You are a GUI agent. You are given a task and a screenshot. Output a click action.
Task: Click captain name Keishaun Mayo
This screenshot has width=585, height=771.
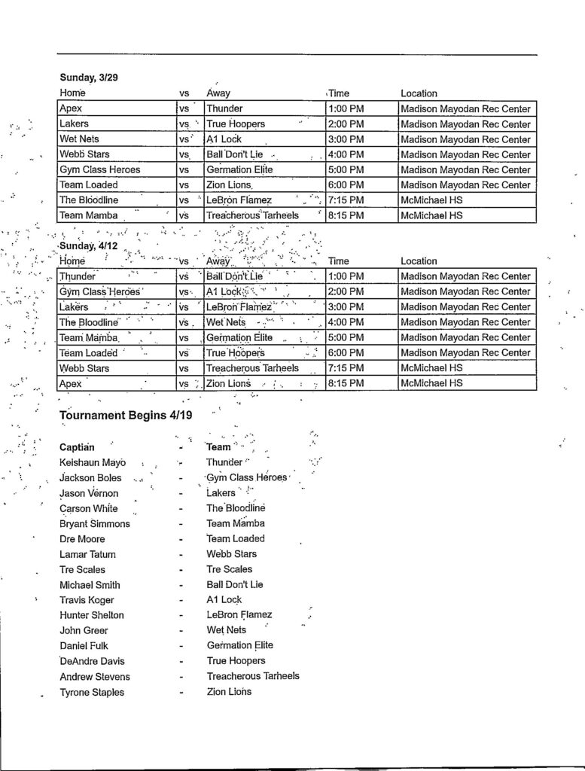pyautogui.click(x=93, y=462)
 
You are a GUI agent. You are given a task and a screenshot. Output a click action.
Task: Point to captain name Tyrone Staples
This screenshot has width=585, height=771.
pyautogui.click(x=92, y=692)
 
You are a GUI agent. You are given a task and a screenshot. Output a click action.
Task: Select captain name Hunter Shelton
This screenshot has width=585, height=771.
pyautogui.click(x=92, y=615)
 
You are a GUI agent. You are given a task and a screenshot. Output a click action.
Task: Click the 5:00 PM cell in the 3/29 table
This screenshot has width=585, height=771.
pyautogui.click(x=346, y=169)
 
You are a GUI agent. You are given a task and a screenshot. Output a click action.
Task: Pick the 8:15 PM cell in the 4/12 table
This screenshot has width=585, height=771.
pyautogui.click(x=346, y=383)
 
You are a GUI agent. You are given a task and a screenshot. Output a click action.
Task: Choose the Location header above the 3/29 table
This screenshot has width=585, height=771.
pyautogui.click(x=419, y=93)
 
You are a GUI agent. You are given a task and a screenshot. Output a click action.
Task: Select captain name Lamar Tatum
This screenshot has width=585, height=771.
pyautogui.click(x=87, y=554)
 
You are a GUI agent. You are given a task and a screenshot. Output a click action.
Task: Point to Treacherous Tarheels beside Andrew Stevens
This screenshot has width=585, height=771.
pyautogui.click(x=253, y=676)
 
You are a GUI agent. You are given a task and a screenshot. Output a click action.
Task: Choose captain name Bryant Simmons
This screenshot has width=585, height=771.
pyautogui.click(x=95, y=523)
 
